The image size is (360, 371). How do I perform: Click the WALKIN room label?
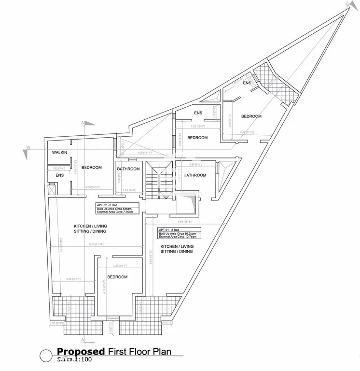click(x=59, y=153)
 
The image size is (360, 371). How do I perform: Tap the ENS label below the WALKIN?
click(x=60, y=175)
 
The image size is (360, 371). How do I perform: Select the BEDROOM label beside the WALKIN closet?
click(x=92, y=168)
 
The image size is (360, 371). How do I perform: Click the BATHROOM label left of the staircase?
click(x=128, y=169)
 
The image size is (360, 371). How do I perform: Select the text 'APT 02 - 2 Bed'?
click(x=107, y=205)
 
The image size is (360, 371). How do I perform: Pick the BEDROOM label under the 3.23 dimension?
click(x=117, y=277)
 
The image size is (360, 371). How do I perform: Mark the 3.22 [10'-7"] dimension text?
click(x=198, y=127)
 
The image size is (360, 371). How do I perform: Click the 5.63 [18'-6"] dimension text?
click(x=185, y=222)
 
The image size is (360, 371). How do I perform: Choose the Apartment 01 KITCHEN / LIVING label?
click(x=177, y=246)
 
